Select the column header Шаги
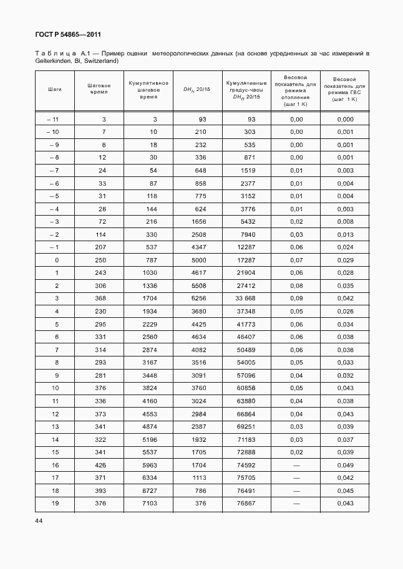point(54,89)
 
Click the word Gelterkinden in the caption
point(53,61)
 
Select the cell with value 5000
point(198,260)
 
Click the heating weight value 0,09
point(296,299)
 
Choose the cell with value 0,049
point(344,465)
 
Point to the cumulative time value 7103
point(147,504)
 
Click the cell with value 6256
point(198,299)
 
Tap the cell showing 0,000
point(344,119)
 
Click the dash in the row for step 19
point(296,504)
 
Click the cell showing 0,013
point(344,234)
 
